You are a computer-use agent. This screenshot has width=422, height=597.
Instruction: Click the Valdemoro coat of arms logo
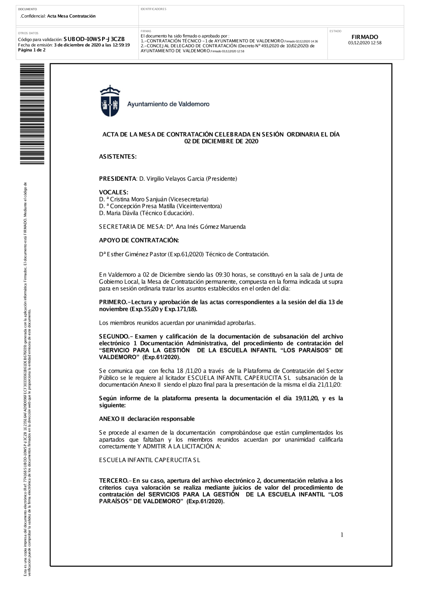coord(110,101)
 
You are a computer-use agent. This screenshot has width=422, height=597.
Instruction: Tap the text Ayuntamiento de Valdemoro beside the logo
coord(168,104)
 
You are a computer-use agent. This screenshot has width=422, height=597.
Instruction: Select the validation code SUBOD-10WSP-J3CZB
coord(94,39)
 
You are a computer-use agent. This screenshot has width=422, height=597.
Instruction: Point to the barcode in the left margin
coord(32,114)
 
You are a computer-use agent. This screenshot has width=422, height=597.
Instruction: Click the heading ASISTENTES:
coord(118,157)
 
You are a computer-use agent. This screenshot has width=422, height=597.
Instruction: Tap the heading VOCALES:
coord(114,193)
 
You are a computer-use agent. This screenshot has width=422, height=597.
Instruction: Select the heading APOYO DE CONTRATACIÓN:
coord(139,240)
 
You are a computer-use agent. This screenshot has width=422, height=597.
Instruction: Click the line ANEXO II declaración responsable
coord(147,419)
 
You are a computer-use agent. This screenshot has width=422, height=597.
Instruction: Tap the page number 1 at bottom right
coord(342,535)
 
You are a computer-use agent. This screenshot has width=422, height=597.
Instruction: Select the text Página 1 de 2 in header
coord(32,50)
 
